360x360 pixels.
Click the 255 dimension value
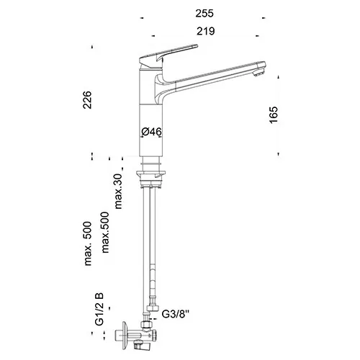tap(204, 14)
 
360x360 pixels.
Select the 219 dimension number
tap(206, 31)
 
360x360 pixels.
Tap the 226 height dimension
tap(87, 100)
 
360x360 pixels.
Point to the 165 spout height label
tap(274, 114)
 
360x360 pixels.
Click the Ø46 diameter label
tap(151, 132)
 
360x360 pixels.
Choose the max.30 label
tap(118, 192)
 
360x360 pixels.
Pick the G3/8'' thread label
tap(176, 314)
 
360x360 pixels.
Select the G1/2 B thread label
tap(99, 309)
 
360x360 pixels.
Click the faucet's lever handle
tap(168, 53)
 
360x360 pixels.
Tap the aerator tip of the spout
tap(261, 72)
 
